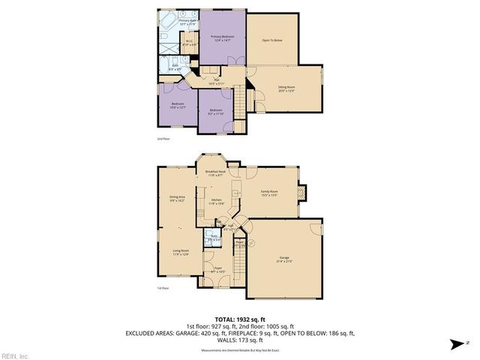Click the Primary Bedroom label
coord(223,38)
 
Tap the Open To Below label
coord(271,40)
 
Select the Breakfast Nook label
coord(214,174)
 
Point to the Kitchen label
coord(215,202)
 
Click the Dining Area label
coord(177,199)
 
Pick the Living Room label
coord(181,253)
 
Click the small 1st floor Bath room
coord(214,241)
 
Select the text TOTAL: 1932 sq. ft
coord(239,319)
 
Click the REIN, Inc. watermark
coord(14,355)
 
